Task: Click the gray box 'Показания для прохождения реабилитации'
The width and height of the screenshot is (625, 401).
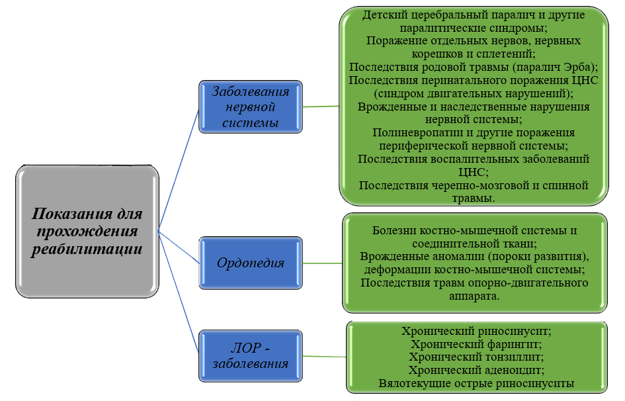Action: [87, 232]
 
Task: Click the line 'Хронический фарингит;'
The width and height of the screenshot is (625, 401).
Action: [476, 344]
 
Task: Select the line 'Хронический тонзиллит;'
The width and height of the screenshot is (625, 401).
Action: [476, 357]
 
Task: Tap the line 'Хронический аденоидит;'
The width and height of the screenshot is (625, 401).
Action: [476, 369]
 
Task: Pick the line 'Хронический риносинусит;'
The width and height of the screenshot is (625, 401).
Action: [476, 331]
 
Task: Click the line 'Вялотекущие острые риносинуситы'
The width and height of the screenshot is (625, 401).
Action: [476, 382]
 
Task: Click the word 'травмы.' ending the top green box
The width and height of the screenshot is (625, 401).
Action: [474, 198]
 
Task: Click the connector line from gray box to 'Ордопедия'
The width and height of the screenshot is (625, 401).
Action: [179, 247]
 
